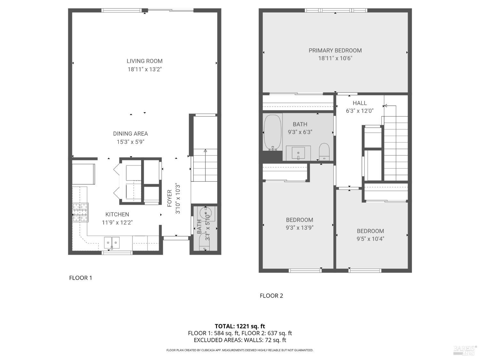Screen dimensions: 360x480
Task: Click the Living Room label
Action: pyautogui.click(x=144, y=61)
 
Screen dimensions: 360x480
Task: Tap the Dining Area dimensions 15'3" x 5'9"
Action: pyautogui.click(x=130, y=142)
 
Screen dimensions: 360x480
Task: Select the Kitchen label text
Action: pyautogui.click(x=117, y=214)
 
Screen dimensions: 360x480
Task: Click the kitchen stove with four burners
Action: pyautogui.click(x=80, y=212)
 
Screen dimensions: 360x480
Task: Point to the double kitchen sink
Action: pyautogui.click(x=112, y=243)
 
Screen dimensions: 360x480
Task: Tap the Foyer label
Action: pyautogui.click(x=170, y=198)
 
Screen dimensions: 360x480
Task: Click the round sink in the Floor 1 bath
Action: pyautogui.click(x=205, y=212)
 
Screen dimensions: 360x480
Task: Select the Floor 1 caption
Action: pyautogui.click(x=81, y=278)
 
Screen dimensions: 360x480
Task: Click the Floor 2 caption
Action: pyautogui.click(x=271, y=296)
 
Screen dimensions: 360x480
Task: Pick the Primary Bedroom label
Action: pyautogui.click(x=335, y=51)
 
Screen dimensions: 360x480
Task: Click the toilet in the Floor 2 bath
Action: pyautogui.click(x=324, y=151)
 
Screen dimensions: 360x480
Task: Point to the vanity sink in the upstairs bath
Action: pyautogui.click(x=298, y=153)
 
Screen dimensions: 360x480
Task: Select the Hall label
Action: pyautogui.click(x=360, y=103)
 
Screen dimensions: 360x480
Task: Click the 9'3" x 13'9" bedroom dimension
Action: pyautogui.click(x=300, y=228)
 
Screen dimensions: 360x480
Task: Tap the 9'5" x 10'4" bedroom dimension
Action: pyautogui.click(x=370, y=239)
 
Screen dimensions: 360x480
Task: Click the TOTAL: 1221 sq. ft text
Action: pyautogui.click(x=240, y=326)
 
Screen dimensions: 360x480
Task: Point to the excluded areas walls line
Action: pyautogui.click(x=240, y=340)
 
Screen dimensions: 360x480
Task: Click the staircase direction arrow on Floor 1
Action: pyautogui.click(x=205, y=150)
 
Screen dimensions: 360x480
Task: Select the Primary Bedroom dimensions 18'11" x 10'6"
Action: pyautogui.click(x=335, y=58)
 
